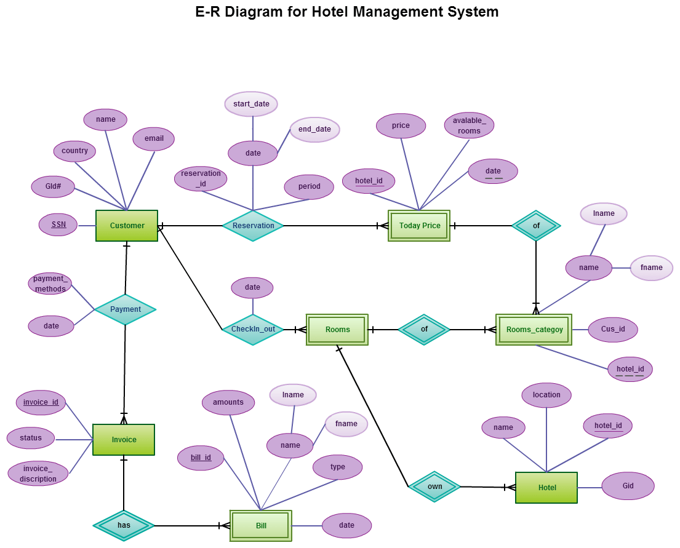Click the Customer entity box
pos(127,226)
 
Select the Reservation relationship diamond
pos(253,226)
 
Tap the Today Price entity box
pos(419,226)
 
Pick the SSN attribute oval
pos(58,225)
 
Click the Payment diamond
pos(125,309)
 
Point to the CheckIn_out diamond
pos(253,330)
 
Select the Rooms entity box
pos(337,330)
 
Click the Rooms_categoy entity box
pos(534,330)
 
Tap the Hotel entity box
pos(546,488)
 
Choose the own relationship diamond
pos(434,486)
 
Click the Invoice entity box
pos(124,440)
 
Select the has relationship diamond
pos(124,526)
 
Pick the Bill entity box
pos(261,526)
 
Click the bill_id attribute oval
pos(201,458)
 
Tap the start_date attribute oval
pos(251,104)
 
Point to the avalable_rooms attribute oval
pos(469,125)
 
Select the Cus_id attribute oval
pos(613,330)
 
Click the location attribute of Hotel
pos(546,395)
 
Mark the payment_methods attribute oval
pos(50,284)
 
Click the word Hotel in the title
pos(330,12)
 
